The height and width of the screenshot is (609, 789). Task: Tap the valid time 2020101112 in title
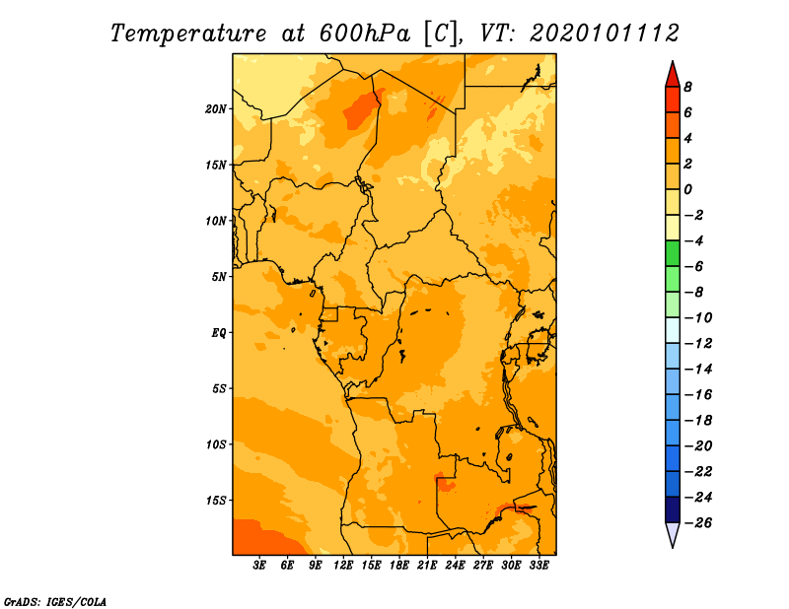605,33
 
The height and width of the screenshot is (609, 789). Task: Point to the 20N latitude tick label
217,108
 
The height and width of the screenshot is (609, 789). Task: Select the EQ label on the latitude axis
219,332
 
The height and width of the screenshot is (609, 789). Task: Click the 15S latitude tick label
217,500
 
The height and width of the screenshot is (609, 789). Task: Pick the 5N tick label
219,276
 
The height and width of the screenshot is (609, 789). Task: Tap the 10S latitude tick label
217,443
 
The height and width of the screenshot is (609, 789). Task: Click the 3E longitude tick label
260,566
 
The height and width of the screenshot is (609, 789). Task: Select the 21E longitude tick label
428,566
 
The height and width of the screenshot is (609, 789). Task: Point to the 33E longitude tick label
539,566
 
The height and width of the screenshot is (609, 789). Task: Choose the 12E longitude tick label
344,566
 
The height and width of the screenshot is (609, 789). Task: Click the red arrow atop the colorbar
672,73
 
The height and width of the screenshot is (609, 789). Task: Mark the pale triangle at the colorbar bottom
672,535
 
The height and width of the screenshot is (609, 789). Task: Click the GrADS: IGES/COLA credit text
55,600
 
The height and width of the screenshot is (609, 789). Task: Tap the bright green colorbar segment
672,253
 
